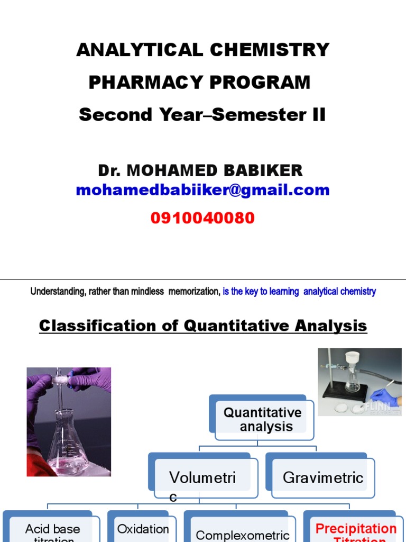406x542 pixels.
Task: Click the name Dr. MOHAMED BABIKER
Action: click(x=200, y=170)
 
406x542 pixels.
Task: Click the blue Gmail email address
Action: click(x=202, y=190)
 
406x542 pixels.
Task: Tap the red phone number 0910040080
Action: click(x=202, y=218)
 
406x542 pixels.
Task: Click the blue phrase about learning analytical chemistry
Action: click(x=299, y=292)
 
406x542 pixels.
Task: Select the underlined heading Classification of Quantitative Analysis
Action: click(x=203, y=326)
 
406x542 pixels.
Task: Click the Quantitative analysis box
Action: click(x=263, y=419)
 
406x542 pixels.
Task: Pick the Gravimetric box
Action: click(x=323, y=477)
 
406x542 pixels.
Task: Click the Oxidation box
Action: click(x=143, y=529)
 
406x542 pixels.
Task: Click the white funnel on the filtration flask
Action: click(x=352, y=358)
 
